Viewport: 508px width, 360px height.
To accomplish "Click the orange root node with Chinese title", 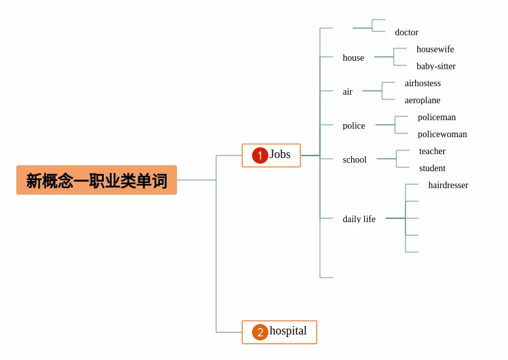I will coord(97,180).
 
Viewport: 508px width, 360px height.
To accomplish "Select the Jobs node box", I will coord(271,155).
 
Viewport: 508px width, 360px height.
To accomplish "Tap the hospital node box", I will coord(279,332).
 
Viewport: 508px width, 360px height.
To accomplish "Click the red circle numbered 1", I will coord(260,155).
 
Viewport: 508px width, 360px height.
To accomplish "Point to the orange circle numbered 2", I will coord(260,332).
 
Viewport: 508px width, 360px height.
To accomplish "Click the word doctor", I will coord(406,32).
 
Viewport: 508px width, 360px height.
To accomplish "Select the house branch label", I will coord(353,57).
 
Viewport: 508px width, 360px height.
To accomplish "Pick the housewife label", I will coord(435,49).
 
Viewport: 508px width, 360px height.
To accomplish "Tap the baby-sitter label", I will coord(436,66).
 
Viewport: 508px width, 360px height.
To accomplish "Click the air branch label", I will coord(347,91).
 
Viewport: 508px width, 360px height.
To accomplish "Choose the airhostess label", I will coord(422,83).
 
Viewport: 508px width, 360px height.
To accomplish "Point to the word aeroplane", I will coord(422,100).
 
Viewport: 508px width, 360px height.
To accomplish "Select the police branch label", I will coord(354,125).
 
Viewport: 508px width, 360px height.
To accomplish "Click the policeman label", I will coord(437,117).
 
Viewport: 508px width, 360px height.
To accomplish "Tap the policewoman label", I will coord(442,134).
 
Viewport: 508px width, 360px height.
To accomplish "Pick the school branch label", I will coord(355,159).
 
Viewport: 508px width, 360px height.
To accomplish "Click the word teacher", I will coord(432,151).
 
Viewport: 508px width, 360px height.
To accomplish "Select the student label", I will coord(432,168).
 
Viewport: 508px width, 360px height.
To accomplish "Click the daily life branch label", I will coord(359,219).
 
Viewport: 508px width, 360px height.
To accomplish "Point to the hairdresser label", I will coord(448,185).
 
